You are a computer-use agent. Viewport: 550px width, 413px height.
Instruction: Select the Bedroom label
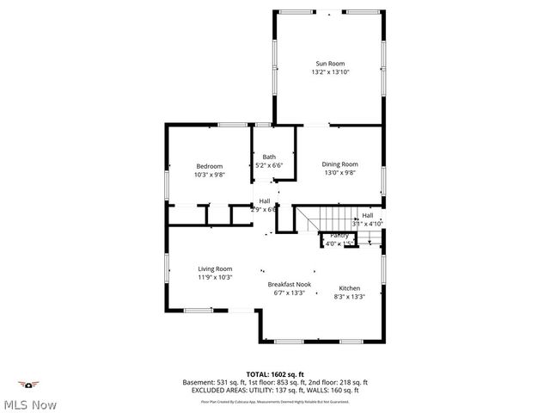pyautogui.click(x=209, y=166)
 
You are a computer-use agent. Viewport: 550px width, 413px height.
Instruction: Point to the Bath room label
pyautogui.click(x=269, y=157)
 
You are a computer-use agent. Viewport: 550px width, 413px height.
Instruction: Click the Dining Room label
pyautogui.click(x=339, y=163)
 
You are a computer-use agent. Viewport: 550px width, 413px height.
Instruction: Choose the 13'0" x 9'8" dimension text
pyautogui.click(x=339, y=172)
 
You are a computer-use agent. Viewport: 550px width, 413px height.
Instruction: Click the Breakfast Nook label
pyautogui.click(x=289, y=284)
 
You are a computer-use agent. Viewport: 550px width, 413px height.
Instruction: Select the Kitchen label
pyautogui.click(x=349, y=288)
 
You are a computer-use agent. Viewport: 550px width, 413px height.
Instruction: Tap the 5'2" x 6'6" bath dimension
pyautogui.click(x=269, y=165)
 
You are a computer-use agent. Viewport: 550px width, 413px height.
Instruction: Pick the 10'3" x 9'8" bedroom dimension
pyautogui.click(x=209, y=175)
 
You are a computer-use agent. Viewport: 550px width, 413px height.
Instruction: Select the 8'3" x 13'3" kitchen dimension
pyautogui.click(x=349, y=297)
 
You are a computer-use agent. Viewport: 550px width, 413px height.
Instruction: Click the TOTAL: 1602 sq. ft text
pyautogui.click(x=275, y=373)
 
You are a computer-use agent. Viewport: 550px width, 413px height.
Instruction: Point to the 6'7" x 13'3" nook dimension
pyautogui.click(x=289, y=293)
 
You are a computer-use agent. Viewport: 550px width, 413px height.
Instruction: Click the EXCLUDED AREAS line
pyautogui.click(x=275, y=390)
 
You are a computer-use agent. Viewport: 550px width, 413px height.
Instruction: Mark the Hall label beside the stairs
pyautogui.click(x=367, y=215)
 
